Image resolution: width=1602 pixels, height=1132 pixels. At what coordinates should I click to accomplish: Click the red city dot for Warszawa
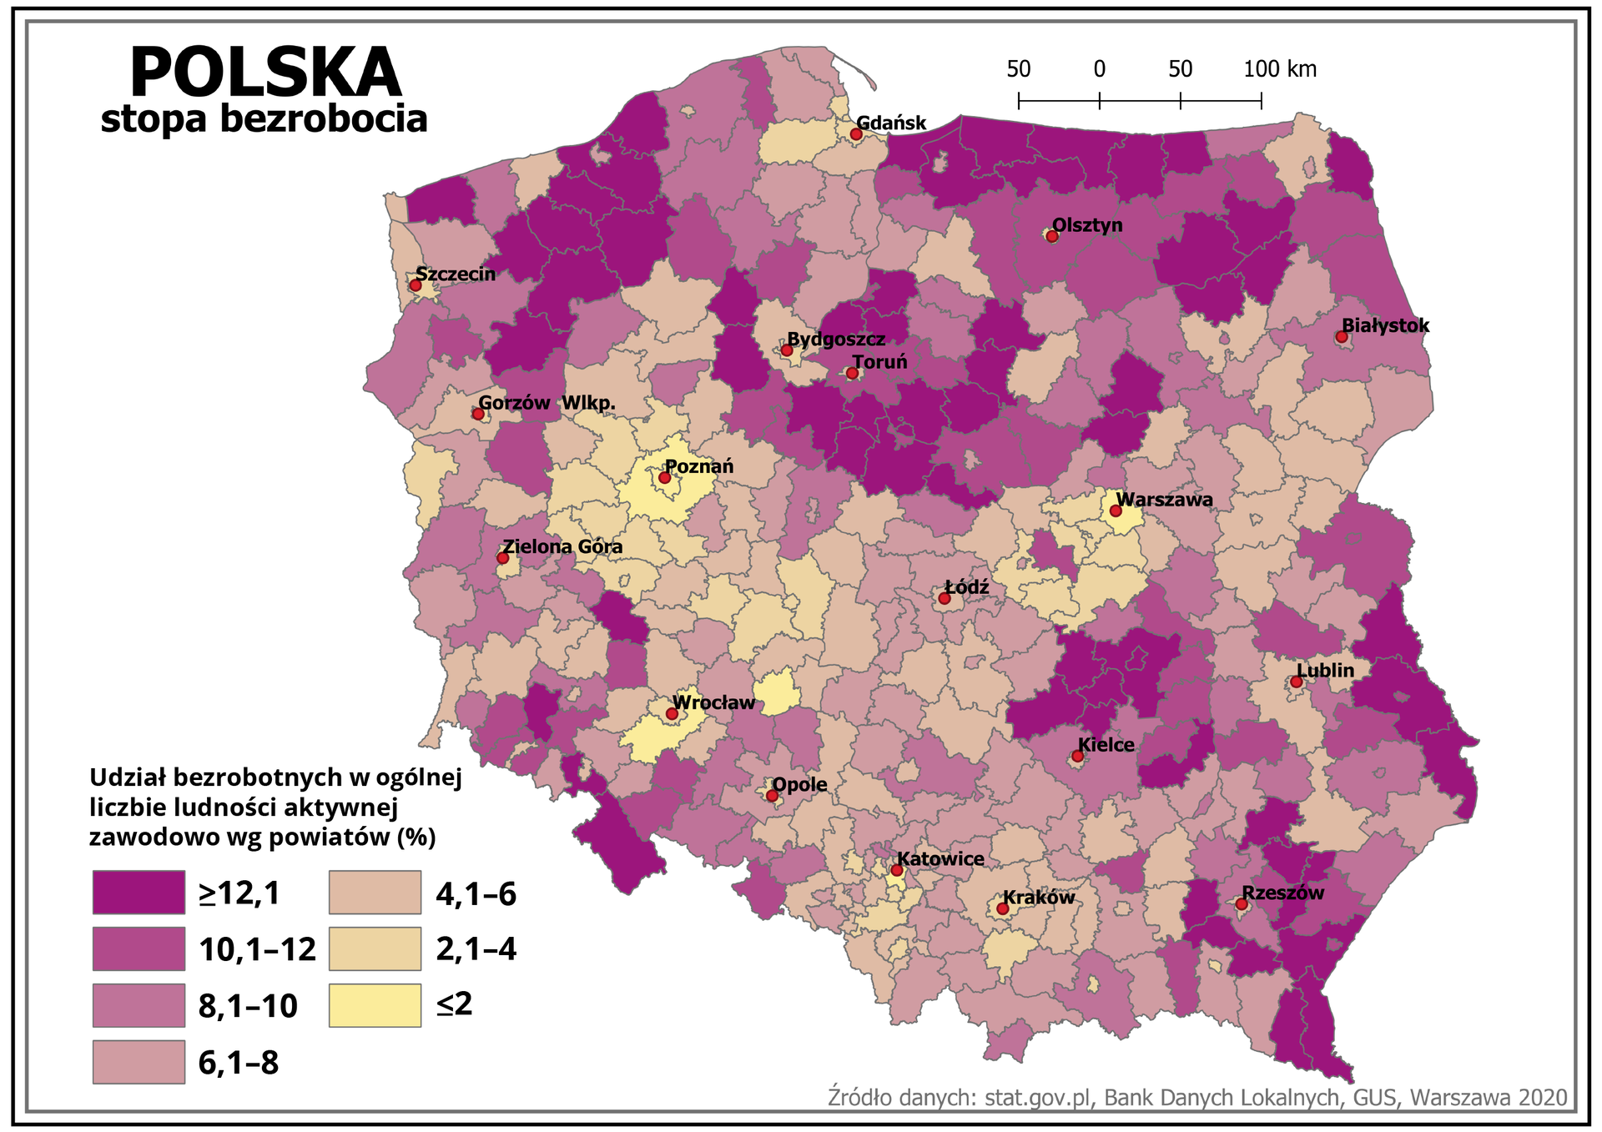(x=1116, y=511)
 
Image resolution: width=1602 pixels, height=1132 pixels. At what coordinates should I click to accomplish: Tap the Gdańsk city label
(x=891, y=123)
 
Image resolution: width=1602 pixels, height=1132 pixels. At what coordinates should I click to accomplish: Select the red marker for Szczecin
(x=415, y=285)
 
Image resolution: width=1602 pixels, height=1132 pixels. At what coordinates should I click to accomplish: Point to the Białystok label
(x=1385, y=325)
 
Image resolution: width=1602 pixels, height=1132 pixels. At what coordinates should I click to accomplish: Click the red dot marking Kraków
(x=1003, y=908)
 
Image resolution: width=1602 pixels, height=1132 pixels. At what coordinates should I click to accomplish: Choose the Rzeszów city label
(x=1282, y=893)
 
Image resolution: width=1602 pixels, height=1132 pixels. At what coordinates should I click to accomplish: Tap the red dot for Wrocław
(x=672, y=714)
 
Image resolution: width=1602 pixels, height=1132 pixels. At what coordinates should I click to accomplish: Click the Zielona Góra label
(x=562, y=546)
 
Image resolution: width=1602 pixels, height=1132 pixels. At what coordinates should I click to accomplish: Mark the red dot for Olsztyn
(x=1052, y=236)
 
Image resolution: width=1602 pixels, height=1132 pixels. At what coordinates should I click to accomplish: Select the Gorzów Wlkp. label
(x=547, y=403)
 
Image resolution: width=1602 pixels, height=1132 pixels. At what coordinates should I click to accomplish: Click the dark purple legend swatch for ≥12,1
(x=139, y=893)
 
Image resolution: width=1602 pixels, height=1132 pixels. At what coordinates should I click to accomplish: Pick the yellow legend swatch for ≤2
(x=375, y=1004)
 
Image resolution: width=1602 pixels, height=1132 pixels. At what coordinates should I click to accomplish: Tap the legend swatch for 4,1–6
(x=375, y=893)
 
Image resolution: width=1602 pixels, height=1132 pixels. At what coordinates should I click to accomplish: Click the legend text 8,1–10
(x=248, y=1006)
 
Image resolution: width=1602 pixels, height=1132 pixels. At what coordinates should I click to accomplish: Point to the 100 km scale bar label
(x=1280, y=69)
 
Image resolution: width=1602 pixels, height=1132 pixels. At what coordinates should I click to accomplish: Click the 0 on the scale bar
(x=1100, y=69)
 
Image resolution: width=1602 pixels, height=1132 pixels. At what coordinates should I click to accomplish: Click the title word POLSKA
(x=265, y=73)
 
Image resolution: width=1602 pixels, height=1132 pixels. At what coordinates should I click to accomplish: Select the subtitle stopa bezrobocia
(x=264, y=119)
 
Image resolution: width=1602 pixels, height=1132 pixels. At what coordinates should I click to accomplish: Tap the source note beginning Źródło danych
(x=1197, y=1097)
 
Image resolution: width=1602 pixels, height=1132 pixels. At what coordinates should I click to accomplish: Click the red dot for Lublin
(x=1297, y=682)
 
